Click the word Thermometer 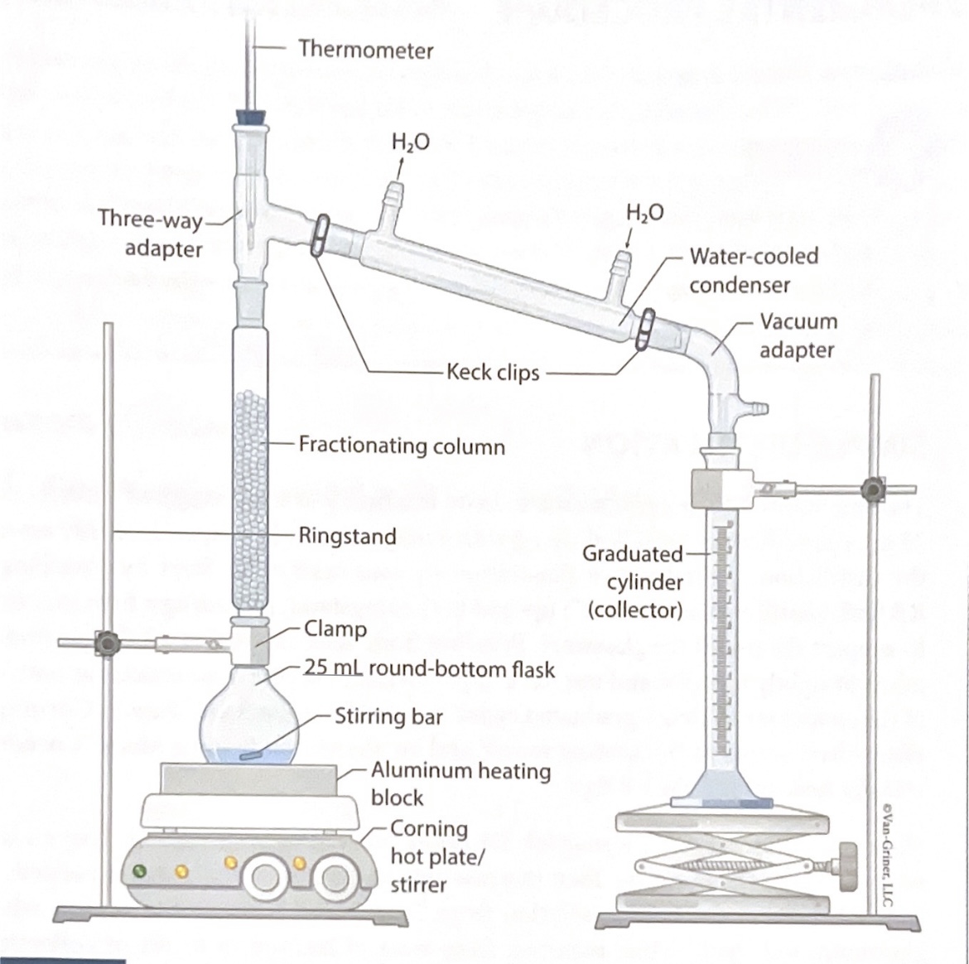point(365,50)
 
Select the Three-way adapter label point(152,234)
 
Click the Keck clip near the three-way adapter point(319,235)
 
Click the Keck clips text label point(493,373)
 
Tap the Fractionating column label point(401,446)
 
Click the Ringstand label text point(347,536)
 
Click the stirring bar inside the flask point(252,755)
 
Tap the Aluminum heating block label point(460,783)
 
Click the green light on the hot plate point(142,871)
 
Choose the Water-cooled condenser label point(753,270)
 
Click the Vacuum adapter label point(798,335)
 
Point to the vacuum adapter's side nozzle point(760,407)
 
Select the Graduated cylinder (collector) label point(634,581)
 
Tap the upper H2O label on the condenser point(411,142)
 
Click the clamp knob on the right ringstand point(870,489)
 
